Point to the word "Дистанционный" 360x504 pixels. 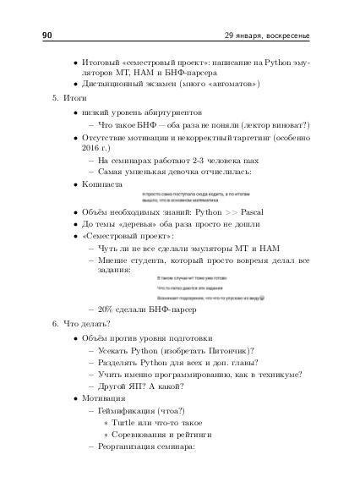click(112, 85)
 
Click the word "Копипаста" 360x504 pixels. click(102, 183)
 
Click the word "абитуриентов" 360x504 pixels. click(175, 112)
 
